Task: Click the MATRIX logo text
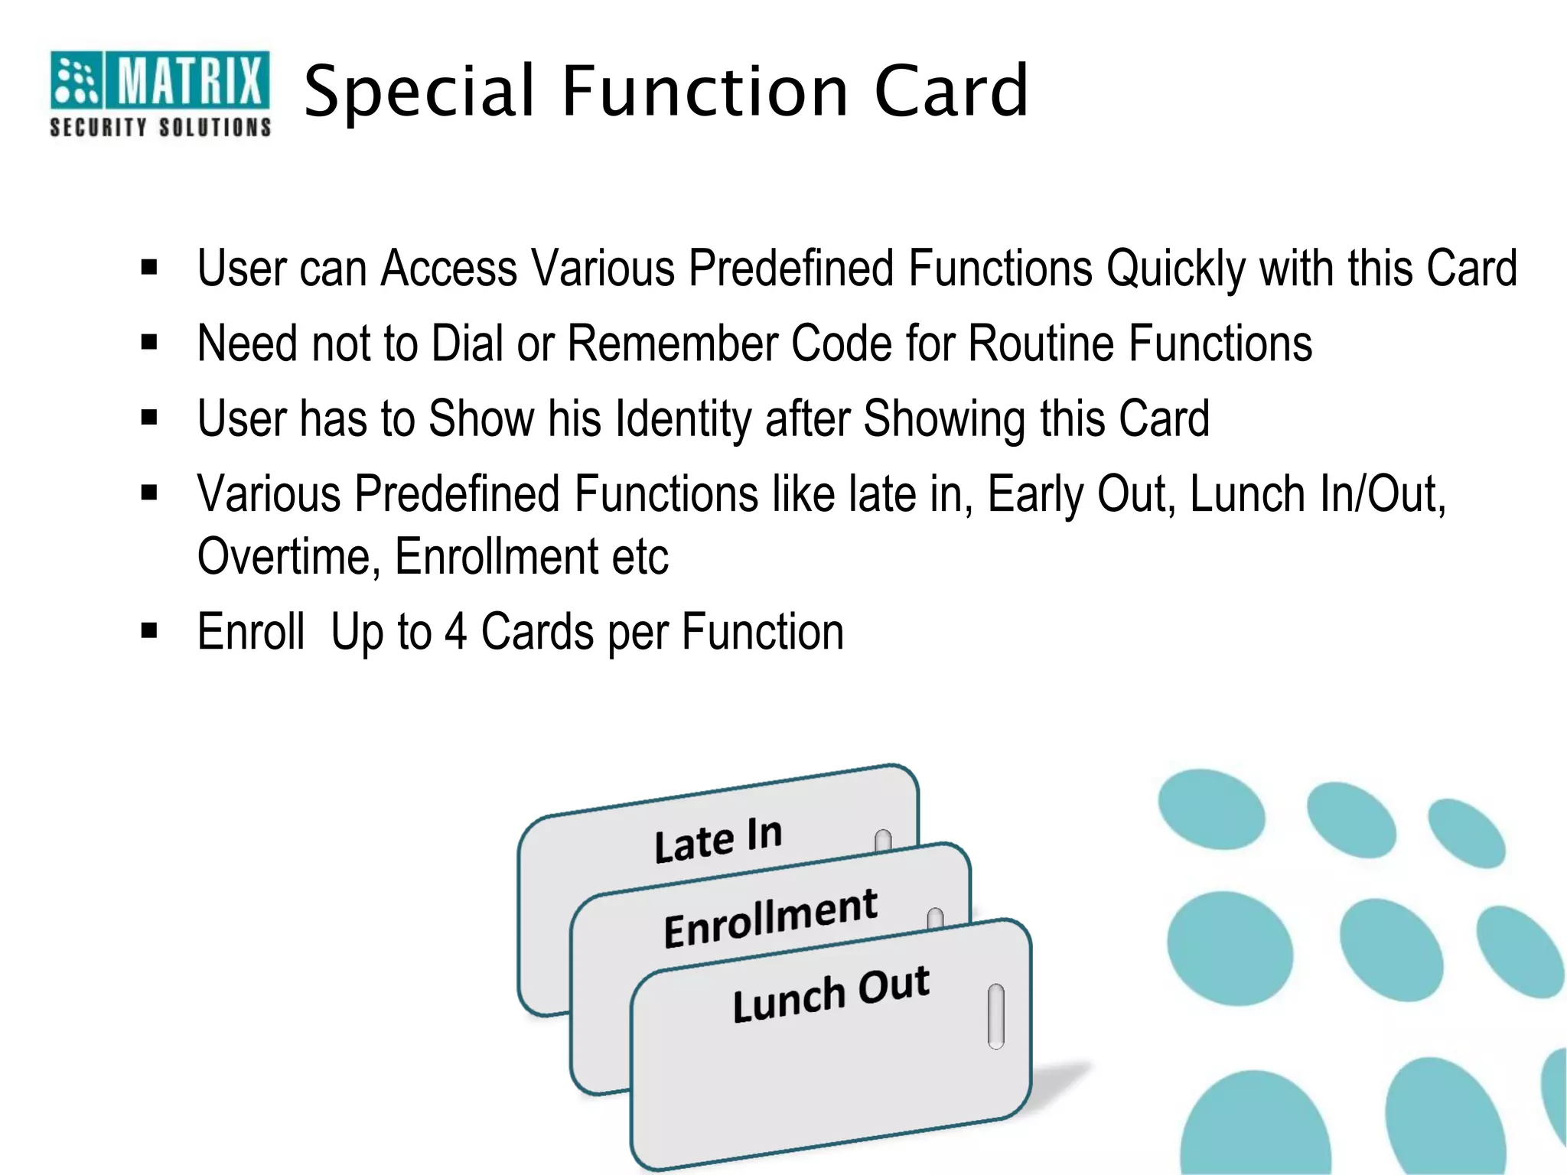tap(188, 80)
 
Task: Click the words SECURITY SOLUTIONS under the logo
tap(160, 127)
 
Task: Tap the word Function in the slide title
tap(705, 92)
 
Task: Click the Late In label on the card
tap(718, 840)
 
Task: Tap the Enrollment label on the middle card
tap(770, 918)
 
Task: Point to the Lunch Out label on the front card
tap(830, 994)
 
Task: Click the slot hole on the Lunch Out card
tap(995, 1017)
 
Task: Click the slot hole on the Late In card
tap(883, 841)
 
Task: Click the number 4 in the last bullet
tap(455, 632)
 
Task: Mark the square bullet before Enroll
tap(149, 631)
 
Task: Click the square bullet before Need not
tap(149, 343)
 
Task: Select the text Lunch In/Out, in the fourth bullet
tap(1318, 495)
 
